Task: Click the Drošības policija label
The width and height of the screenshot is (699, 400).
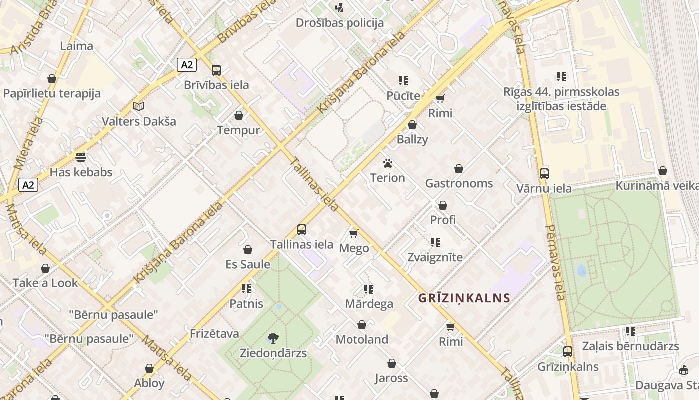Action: point(340,23)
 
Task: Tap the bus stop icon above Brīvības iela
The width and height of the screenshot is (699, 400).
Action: point(216,70)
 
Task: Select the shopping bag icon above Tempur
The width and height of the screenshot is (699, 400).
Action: point(239,116)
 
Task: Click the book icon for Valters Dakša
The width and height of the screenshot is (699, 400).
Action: point(139,106)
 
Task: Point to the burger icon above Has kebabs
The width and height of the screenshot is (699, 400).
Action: point(81,157)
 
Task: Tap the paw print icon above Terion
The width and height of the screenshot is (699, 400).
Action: point(388,163)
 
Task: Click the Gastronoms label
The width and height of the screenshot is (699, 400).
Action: point(459,183)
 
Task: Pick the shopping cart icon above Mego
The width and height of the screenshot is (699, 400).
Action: point(354,233)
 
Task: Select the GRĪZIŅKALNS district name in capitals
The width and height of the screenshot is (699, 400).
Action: point(464,298)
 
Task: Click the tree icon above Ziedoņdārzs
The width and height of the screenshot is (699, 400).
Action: point(273,338)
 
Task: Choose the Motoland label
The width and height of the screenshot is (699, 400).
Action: point(361,340)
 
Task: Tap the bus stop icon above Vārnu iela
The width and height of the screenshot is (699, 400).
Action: point(544,174)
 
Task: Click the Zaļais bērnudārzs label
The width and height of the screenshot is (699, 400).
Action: point(630,346)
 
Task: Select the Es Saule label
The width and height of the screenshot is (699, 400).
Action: point(248,264)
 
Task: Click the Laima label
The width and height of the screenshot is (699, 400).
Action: point(76,46)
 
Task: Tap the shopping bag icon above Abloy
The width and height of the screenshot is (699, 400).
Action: point(149,368)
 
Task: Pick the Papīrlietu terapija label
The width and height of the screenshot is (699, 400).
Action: point(52,93)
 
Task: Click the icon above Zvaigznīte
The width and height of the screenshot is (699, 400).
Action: point(435,242)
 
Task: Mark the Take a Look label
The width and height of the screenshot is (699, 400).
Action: point(45,283)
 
